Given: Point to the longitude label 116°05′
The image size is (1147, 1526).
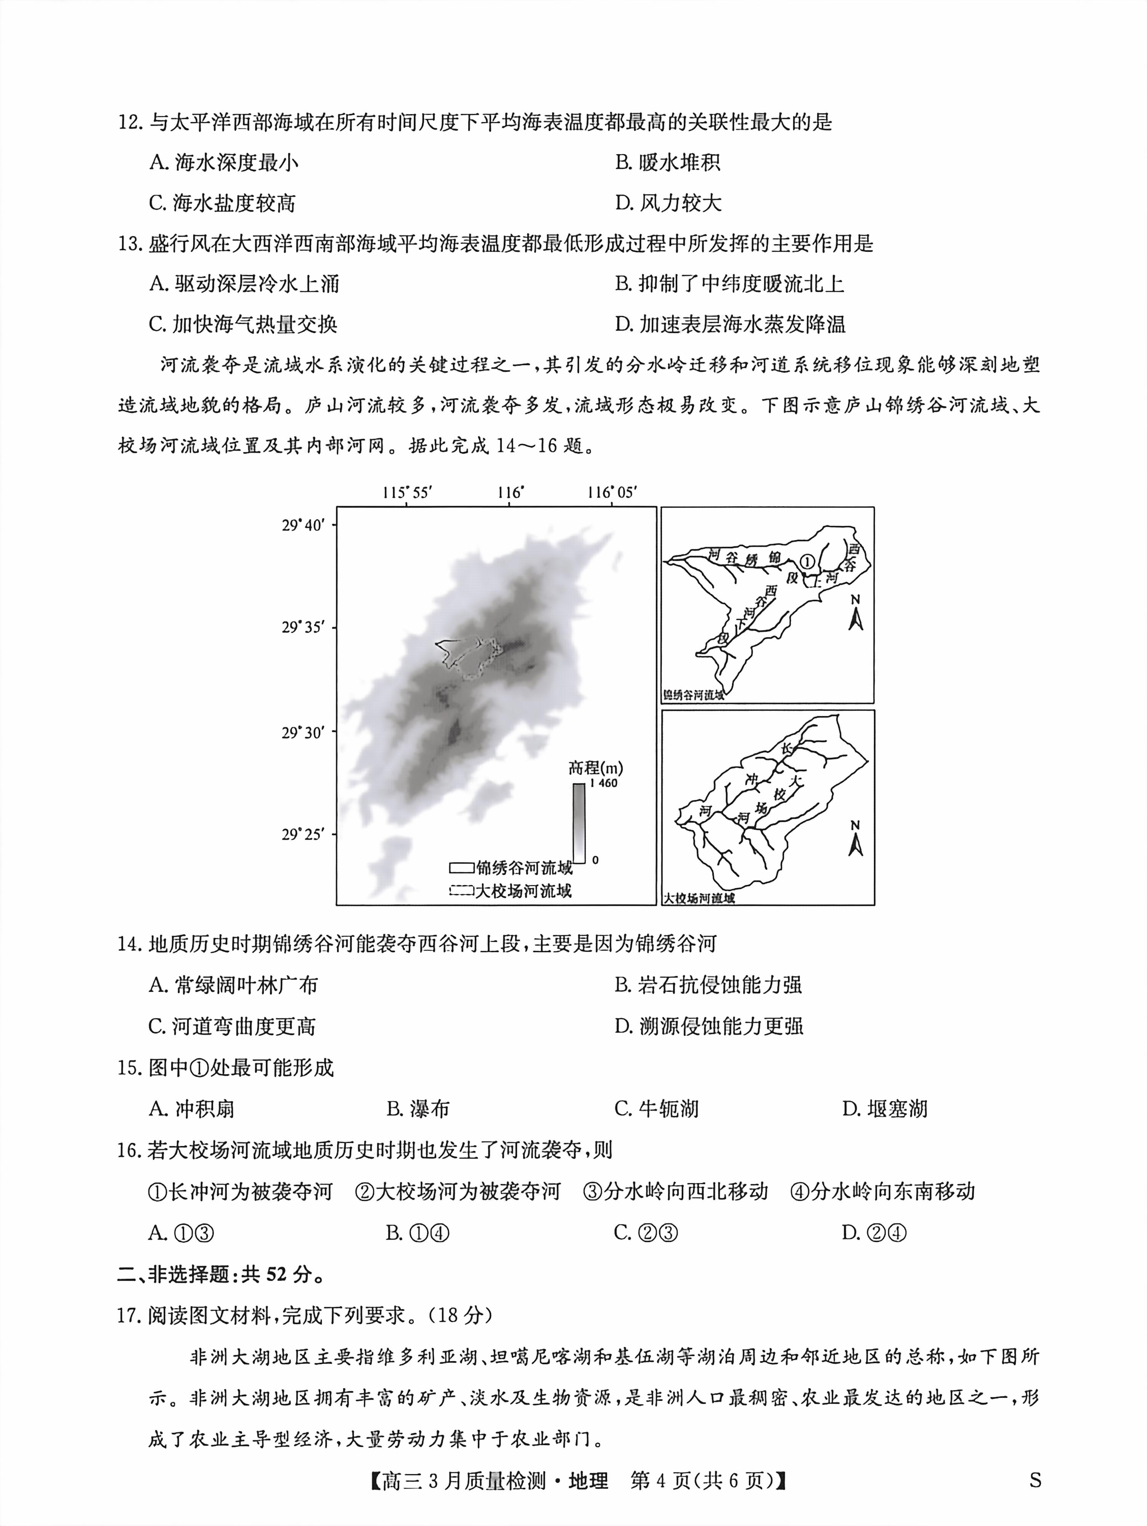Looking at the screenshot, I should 611,493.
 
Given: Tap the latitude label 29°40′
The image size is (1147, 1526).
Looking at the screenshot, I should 302,525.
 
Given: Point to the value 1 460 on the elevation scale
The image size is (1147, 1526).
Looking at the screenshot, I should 604,783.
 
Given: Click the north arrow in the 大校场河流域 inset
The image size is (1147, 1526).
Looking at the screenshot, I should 855,838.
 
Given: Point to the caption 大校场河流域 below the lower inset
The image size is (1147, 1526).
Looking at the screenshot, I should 699,898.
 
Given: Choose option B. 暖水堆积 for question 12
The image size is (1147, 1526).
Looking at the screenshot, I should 668,163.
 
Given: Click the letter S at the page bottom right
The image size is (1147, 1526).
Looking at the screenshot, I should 1035,1481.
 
